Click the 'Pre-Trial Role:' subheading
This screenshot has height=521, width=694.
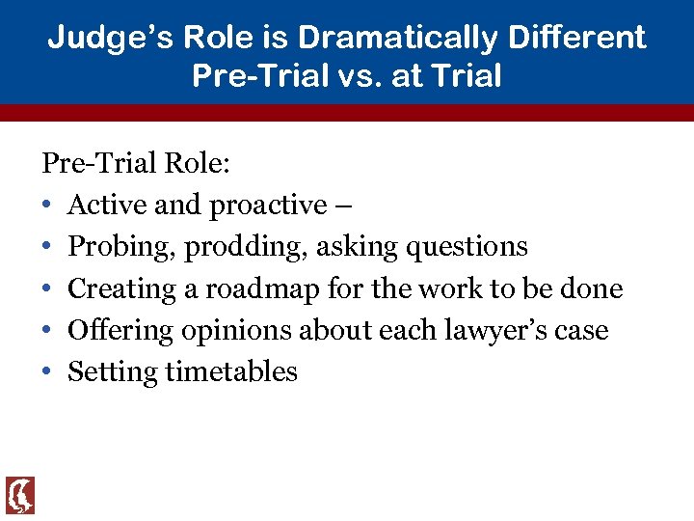click(x=136, y=162)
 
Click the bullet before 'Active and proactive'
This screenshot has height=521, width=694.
click(x=47, y=206)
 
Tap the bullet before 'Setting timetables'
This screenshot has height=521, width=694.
click(x=47, y=372)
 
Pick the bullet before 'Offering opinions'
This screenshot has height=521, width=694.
click(x=47, y=330)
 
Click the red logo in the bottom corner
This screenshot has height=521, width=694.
click(x=20, y=495)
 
